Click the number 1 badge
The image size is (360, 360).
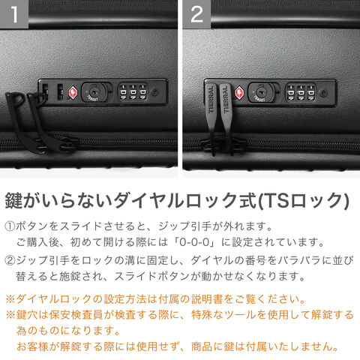click(14, 14)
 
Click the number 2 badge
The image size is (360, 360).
click(196, 14)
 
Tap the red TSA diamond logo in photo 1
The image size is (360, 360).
click(72, 92)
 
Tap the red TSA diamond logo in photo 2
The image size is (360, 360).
click(239, 92)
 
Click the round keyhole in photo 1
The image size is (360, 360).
click(94, 92)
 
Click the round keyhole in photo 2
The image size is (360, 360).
click(261, 92)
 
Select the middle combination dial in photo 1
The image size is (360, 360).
click(133, 92)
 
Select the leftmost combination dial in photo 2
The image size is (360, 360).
click(291, 93)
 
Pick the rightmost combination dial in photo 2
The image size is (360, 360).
click(310, 93)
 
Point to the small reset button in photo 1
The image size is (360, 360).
click(155, 93)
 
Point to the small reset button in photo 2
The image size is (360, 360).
click(323, 93)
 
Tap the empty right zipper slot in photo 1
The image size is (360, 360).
click(60, 91)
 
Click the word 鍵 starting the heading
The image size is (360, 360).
click(14, 200)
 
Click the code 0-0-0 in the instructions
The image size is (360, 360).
click(194, 242)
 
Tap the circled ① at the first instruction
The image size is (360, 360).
click(10, 226)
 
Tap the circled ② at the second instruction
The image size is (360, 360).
click(10, 260)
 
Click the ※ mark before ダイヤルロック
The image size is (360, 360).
click(10, 299)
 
